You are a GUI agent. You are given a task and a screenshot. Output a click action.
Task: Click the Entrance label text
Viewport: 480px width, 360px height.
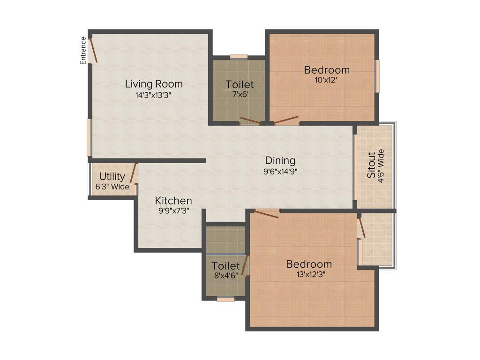83,51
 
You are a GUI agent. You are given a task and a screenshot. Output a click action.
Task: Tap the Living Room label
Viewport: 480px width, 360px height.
154,84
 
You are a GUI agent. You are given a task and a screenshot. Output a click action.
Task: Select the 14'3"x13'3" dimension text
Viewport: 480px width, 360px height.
154,95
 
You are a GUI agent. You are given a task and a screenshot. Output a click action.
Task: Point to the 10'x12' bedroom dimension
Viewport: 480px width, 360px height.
326,80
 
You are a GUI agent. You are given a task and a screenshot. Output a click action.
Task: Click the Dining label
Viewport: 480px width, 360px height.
280,161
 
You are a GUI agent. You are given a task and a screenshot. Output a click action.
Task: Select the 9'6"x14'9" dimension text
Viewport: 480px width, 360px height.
280,171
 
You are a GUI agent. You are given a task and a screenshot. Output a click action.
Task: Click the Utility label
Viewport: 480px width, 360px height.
112,177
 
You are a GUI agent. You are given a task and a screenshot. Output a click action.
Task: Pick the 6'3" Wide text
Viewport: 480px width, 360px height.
112,187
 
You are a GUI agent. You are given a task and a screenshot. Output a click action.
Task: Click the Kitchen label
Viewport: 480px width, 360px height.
173,201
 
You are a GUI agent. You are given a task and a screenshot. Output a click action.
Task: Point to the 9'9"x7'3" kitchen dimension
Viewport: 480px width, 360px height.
173,211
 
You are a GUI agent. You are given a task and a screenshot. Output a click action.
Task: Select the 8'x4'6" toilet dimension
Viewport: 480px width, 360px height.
225,276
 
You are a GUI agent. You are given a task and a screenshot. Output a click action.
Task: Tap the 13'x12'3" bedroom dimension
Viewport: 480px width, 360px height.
309,274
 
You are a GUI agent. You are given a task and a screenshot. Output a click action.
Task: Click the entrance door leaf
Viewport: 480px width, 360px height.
94,50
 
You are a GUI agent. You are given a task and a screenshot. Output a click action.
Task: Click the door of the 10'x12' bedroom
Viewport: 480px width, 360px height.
286,120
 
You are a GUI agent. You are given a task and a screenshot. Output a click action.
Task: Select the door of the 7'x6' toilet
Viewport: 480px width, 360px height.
250,120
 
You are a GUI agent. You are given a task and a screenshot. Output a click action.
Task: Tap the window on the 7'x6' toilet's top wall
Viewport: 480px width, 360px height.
239,57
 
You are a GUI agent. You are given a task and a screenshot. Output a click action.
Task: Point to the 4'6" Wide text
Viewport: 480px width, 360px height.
381,165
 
